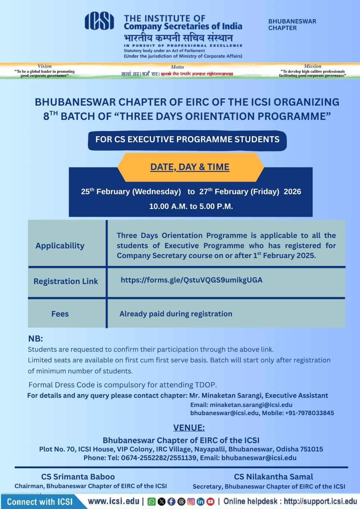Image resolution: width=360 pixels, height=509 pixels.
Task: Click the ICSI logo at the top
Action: pos(99,21)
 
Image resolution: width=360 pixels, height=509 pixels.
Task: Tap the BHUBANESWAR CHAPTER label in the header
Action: pos(292,24)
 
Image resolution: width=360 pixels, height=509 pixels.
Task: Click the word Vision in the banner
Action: pos(45,66)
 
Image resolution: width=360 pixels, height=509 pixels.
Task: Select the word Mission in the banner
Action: pos(313,66)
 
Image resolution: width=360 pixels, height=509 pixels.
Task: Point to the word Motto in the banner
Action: pos(177,67)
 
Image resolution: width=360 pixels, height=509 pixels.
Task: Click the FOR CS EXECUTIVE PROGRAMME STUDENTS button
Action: pos(187,140)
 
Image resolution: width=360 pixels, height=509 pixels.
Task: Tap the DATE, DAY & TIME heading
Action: pos(190,167)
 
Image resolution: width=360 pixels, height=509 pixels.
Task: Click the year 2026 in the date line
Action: pos(292,192)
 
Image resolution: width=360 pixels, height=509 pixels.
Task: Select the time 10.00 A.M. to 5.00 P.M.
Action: pos(191,206)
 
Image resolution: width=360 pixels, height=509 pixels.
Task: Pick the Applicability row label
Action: pos(60,246)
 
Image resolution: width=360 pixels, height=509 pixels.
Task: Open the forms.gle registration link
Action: pos(191,280)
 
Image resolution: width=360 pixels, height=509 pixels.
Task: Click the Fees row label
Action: pos(60,314)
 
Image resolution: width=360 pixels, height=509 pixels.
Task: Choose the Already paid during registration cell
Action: pos(176,314)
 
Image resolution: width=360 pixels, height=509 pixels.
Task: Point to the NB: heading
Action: pos(35,338)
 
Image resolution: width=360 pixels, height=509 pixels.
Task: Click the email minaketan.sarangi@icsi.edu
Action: pos(251,405)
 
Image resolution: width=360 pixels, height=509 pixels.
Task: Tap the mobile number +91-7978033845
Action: pos(309,413)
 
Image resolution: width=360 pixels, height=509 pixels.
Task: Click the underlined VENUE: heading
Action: pos(189,428)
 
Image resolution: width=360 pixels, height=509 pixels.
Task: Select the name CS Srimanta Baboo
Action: pos(78,477)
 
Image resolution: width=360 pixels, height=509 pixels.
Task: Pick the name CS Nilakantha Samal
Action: pos(273,477)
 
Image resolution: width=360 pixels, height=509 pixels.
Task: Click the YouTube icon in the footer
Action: pos(210,502)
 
